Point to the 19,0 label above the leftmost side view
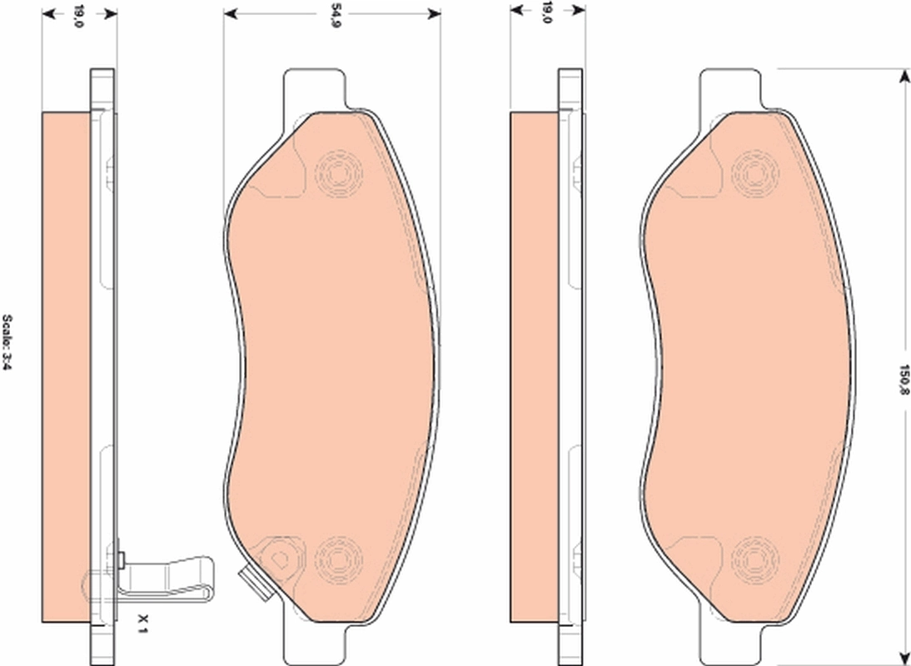78,14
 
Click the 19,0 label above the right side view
547,12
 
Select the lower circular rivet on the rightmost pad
754,556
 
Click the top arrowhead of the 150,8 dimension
904,77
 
